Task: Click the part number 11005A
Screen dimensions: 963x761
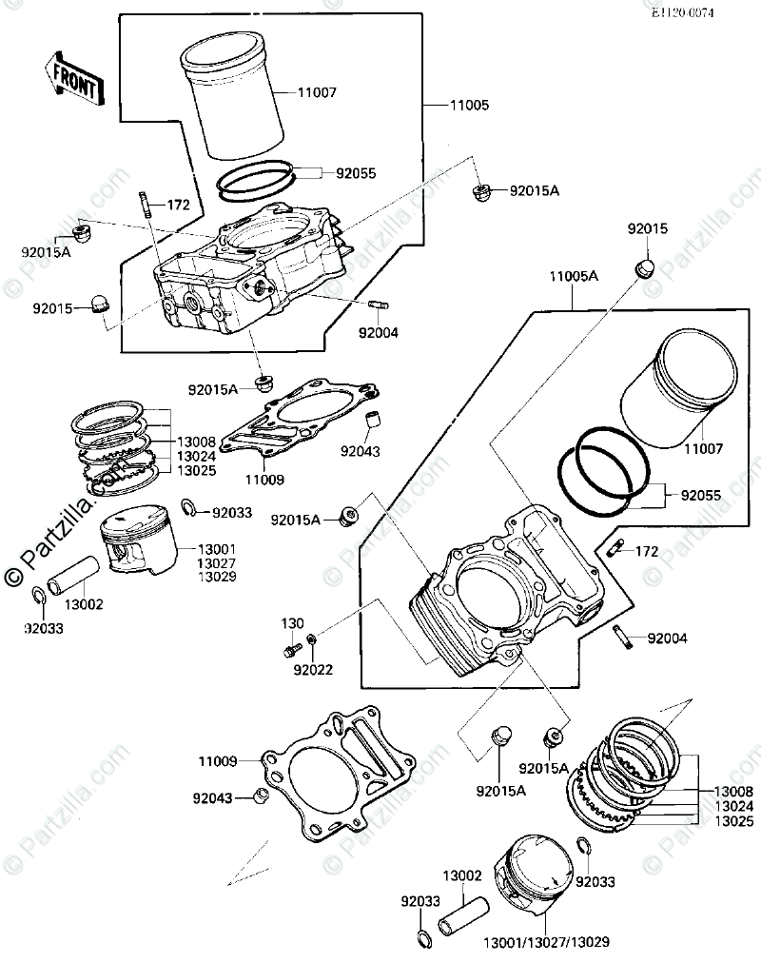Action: [x=573, y=276]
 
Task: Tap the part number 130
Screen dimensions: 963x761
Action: [x=292, y=623]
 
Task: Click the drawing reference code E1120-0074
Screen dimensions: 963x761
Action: [x=682, y=12]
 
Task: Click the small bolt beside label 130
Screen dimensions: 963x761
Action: [x=289, y=651]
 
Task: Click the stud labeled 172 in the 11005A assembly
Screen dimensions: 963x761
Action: [x=615, y=547]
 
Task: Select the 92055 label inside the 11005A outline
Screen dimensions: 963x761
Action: [x=700, y=495]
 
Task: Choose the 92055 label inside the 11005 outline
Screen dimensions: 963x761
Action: [x=356, y=173]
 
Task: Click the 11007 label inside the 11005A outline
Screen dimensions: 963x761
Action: [x=705, y=446]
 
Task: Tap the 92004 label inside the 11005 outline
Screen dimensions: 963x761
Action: [x=379, y=333]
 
